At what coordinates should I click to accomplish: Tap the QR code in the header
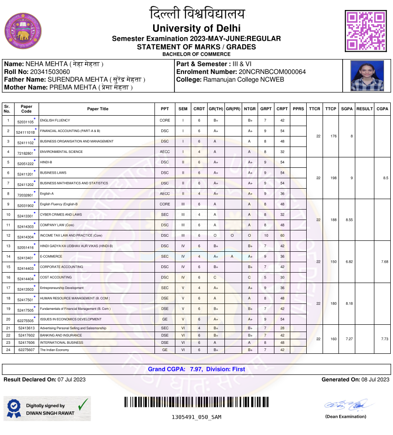tap(366, 31)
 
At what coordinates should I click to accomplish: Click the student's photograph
tap(367, 75)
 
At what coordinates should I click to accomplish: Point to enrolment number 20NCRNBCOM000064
tap(272, 72)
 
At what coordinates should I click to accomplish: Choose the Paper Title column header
tap(98, 109)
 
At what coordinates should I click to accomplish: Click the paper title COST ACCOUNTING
tap(56, 277)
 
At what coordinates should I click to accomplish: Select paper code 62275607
tap(26, 350)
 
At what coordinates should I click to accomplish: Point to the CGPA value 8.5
tap(385, 178)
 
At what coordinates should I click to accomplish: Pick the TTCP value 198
tap(333, 178)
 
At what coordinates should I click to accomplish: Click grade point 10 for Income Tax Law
tap(266, 235)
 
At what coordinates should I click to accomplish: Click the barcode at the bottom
tap(196, 402)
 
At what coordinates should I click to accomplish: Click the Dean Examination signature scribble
tap(349, 405)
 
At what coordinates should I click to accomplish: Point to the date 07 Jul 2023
tap(72, 379)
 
